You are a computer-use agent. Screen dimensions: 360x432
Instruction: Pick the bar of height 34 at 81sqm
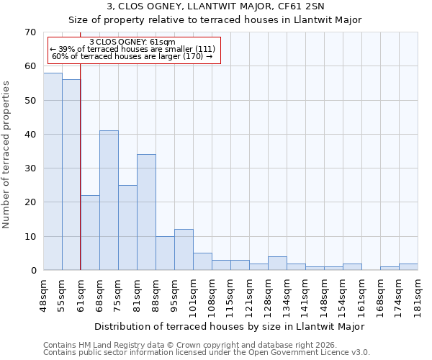coord(146,212)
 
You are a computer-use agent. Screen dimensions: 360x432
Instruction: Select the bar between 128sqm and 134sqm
coord(277,264)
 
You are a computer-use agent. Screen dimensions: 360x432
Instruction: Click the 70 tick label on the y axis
coord(30,32)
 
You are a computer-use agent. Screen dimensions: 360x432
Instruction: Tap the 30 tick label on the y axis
coord(30,168)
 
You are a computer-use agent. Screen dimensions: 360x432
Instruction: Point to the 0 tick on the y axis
coord(32,271)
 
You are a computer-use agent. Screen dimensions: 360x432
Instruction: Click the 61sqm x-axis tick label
coord(81,294)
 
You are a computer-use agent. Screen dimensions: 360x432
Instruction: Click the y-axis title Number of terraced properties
coord(6,154)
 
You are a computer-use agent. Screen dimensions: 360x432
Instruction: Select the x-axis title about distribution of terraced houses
coord(229,326)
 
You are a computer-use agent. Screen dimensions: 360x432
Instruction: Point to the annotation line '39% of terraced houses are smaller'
coord(132,49)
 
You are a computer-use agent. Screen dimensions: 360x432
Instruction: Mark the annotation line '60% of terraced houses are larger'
coord(132,56)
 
